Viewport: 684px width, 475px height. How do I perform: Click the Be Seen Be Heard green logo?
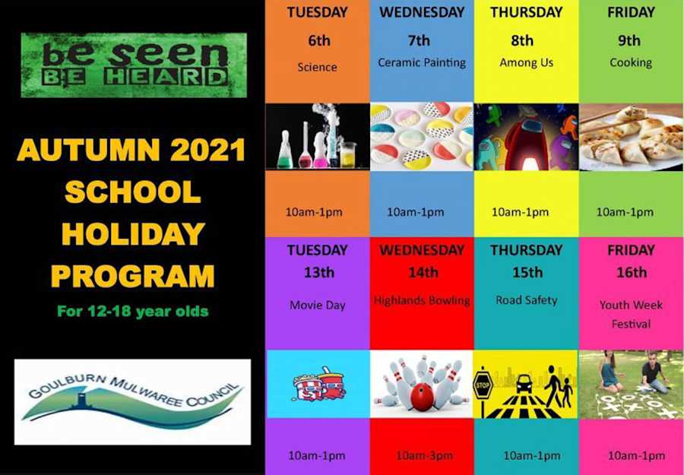(134, 64)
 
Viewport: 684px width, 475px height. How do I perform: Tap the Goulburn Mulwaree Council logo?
(132, 401)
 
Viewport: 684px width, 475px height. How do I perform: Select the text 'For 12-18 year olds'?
(133, 311)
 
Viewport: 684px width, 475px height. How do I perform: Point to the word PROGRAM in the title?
(133, 276)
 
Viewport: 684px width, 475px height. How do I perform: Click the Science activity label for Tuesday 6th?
(317, 67)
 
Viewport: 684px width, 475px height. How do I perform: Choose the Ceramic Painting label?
(422, 63)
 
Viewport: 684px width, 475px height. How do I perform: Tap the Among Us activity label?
(526, 63)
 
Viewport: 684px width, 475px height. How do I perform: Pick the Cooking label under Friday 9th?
(631, 63)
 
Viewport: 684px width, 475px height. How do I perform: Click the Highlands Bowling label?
(422, 300)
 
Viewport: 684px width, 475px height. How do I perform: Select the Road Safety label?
(526, 300)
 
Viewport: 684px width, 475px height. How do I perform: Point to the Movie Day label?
(317, 305)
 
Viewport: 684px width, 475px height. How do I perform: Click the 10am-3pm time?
(422, 456)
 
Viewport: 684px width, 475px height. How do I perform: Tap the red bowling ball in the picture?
(421, 397)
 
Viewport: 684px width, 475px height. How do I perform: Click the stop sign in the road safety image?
(483, 383)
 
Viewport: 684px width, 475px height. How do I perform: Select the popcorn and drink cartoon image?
(318, 384)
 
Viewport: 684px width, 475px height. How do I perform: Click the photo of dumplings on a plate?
(631, 137)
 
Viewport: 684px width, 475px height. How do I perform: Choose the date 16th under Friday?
(631, 272)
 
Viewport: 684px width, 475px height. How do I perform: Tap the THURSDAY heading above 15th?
(526, 250)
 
